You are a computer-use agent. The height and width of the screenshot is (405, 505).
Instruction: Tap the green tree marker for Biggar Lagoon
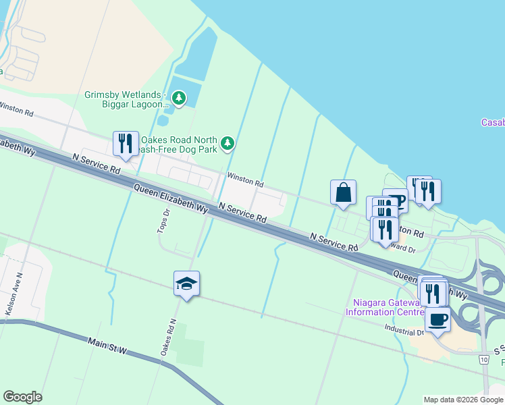point(178,99)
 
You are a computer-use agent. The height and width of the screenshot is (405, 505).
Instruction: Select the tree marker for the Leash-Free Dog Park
point(228,142)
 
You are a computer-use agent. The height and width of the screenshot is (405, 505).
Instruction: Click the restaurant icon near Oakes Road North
point(126,143)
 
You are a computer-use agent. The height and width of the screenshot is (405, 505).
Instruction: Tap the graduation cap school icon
point(186,283)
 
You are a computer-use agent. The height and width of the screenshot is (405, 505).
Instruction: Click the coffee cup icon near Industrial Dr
point(437,319)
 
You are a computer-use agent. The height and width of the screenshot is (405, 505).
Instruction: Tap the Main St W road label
point(107,346)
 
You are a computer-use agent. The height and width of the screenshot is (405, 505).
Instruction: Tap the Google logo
point(22,397)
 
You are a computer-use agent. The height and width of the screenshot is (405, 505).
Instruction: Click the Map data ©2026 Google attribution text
point(462,400)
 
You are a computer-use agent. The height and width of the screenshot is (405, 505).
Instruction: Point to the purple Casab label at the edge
point(492,122)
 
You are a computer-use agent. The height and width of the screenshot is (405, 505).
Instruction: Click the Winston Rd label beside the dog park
point(245,179)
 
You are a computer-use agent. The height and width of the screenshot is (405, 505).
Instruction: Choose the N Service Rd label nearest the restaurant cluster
point(334,242)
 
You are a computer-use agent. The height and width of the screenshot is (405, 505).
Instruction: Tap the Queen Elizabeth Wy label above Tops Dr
point(170,200)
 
